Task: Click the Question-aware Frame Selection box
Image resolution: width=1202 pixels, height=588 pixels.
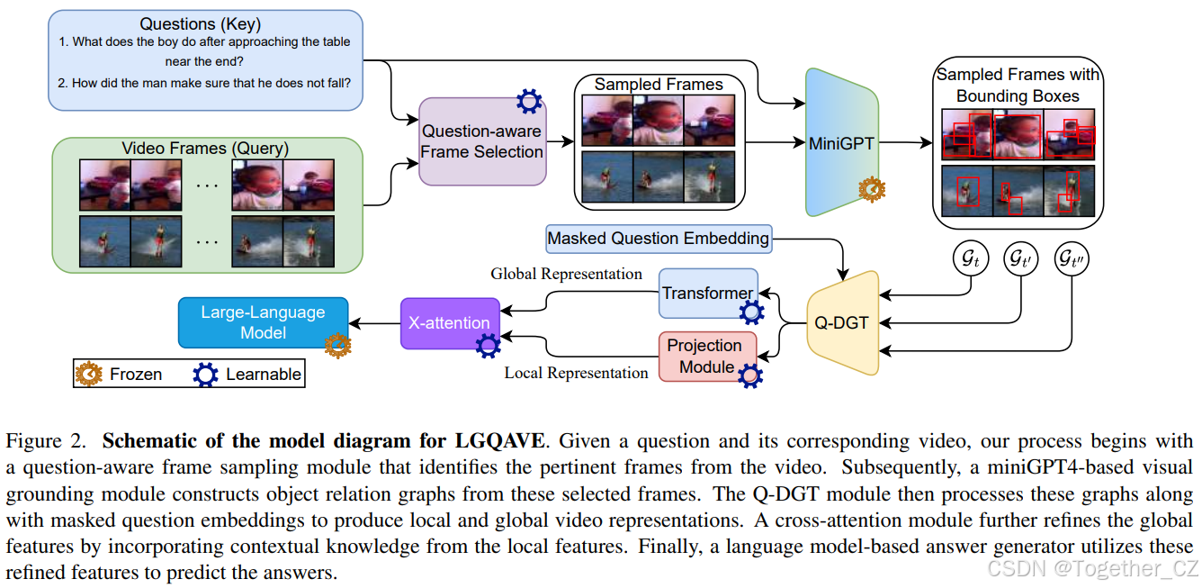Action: (x=482, y=141)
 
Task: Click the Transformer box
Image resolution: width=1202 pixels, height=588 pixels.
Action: (x=707, y=294)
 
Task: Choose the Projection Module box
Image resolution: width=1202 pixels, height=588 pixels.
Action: (x=704, y=355)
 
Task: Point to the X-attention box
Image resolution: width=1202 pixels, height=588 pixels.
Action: (x=449, y=322)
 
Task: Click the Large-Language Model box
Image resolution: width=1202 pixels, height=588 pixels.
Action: (x=263, y=322)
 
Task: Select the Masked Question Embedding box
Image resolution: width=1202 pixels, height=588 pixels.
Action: (x=659, y=239)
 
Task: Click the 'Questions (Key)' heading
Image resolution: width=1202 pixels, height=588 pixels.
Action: (x=204, y=23)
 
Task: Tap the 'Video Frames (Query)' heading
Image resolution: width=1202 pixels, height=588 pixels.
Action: (x=205, y=148)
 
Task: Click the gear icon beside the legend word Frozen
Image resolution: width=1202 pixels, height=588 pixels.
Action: (x=90, y=374)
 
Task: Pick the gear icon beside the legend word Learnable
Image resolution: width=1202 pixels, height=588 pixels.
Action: (x=206, y=374)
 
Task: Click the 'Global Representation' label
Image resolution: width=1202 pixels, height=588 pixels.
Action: (x=566, y=274)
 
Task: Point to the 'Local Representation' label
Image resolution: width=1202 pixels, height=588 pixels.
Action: (x=576, y=373)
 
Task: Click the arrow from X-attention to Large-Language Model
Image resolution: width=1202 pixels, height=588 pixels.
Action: (x=374, y=322)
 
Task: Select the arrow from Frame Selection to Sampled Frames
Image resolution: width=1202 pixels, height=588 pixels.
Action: (x=560, y=141)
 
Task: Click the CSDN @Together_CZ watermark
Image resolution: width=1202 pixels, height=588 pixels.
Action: (x=1092, y=568)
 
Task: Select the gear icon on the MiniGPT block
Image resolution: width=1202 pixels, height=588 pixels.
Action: (x=872, y=190)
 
